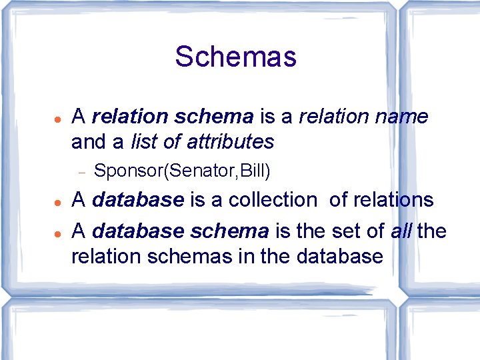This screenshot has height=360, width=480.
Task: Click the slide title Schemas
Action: (x=235, y=57)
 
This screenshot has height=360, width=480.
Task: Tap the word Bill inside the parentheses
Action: (x=253, y=171)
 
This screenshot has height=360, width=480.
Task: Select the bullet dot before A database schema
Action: (x=59, y=231)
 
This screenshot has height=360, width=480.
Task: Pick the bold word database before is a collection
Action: (x=137, y=199)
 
